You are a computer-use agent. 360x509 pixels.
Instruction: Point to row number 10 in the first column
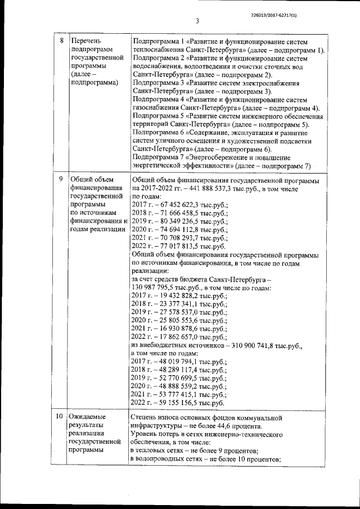click(x=59, y=417)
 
